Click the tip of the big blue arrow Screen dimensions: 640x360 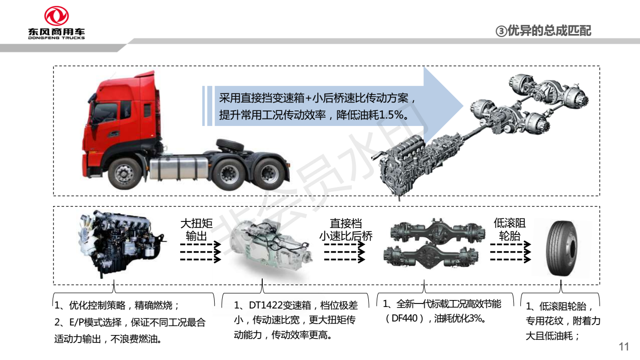(x=463, y=106)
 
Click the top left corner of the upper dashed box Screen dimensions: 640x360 (x=54, y=66)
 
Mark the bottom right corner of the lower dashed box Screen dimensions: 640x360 (x=599, y=284)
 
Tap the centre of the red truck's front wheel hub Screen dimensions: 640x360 (x=124, y=173)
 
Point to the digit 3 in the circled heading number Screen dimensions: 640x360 (x=501, y=31)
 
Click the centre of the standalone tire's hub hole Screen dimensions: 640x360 (x=572, y=248)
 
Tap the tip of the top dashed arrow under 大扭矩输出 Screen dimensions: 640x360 (x=221, y=244)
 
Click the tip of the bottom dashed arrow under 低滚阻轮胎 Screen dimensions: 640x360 (x=530, y=259)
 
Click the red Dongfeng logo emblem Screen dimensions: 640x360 (x=56, y=16)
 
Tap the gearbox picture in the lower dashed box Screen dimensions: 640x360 (x=271, y=248)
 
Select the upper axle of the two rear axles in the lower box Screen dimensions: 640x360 (x=437, y=231)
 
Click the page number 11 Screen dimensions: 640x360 (x=623, y=347)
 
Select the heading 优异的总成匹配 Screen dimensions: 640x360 (x=549, y=31)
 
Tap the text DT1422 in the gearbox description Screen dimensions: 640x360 (x=266, y=305)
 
